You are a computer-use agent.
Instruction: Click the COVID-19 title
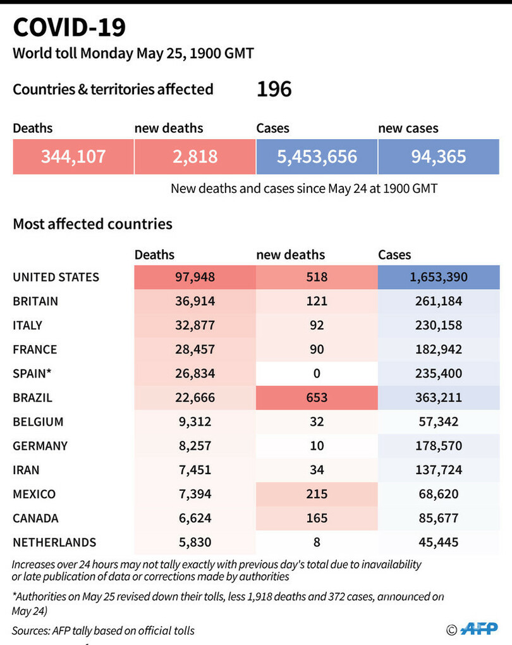pos(70,27)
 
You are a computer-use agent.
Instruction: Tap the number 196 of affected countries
pos(274,89)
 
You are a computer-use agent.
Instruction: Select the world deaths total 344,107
pos(73,156)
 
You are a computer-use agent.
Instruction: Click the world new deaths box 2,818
pos(195,156)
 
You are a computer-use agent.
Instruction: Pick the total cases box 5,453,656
pos(317,156)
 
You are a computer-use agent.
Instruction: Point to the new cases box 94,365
pos(439,156)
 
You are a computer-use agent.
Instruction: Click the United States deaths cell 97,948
pos(195,277)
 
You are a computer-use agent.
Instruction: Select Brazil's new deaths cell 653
pos(317,398)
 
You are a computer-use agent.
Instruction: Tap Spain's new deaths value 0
pos(317,374)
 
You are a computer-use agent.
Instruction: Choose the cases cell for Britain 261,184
pos(439,301)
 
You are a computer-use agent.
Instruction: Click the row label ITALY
pos(28,325)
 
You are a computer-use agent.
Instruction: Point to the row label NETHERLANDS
pos(54,542)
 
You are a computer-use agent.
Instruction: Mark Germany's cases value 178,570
pos(439,446)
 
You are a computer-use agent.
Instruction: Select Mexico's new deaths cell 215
pos(317,494)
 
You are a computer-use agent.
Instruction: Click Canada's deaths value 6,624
pos(195,518)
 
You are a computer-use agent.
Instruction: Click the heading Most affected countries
pos(92,224)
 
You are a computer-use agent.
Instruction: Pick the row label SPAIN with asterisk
pos(32,374)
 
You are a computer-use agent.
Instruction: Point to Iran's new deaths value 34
pos(317,470)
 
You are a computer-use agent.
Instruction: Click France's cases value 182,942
pos(439,349)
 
